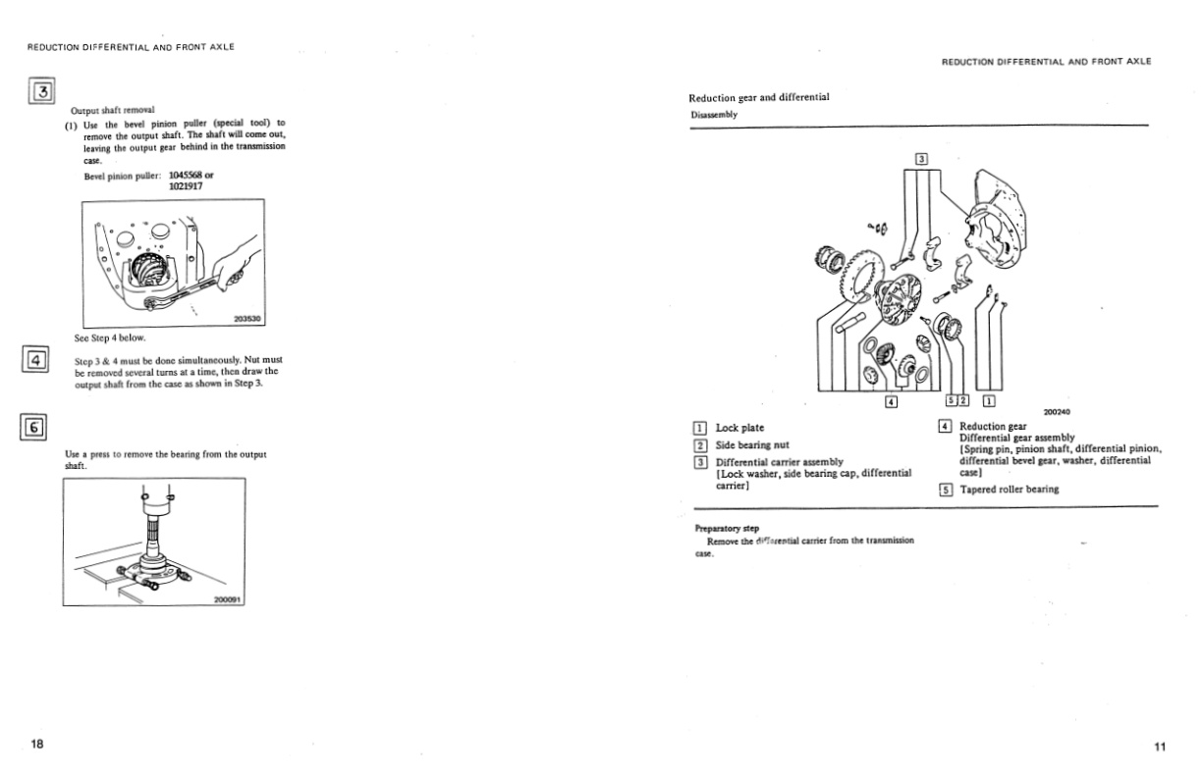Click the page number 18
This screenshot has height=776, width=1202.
(36, 745)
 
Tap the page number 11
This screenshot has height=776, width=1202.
(1160, 748)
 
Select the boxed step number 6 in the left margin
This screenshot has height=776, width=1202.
(34, 427)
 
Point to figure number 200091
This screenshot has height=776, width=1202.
(228, 599)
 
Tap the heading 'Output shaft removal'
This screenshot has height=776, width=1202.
(113, 110)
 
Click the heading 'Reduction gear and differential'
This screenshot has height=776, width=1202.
(758, 97)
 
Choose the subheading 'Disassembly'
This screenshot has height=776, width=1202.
(713, 114)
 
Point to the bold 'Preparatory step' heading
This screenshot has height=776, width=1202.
(727, 529)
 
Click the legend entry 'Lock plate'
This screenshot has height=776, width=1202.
(739, 428)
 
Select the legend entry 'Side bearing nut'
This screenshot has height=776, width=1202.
(752, 444)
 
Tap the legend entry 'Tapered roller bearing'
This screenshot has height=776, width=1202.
(1009, 489)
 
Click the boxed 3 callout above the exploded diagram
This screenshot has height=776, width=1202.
(921, 158)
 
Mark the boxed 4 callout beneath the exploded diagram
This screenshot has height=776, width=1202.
(891, 400)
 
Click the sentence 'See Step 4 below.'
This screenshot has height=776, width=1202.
(110, 338)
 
